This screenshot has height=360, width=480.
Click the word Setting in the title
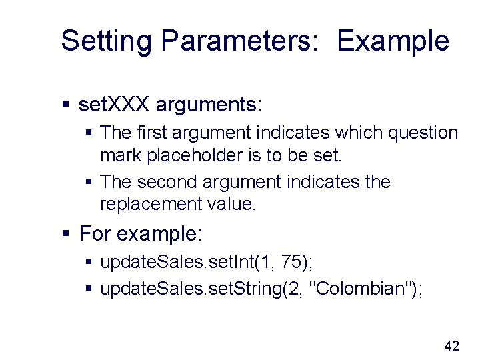point(107,41)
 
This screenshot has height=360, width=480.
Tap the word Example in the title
point(393,41)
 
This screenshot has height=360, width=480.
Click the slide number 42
point(451,345)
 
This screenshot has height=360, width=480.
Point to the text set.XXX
point(115,105)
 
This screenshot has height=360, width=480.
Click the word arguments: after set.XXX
point(211,105)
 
